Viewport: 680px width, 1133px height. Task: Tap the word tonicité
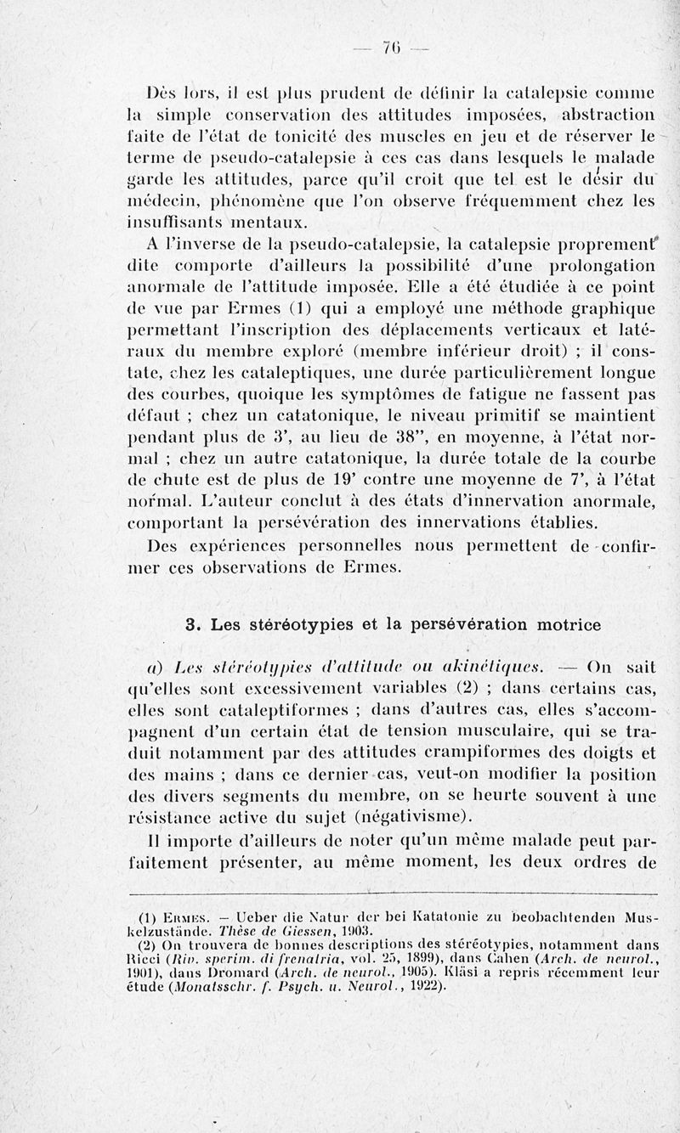click(x=328, y=136)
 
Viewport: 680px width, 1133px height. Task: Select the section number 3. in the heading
click(x=194, y=625)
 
